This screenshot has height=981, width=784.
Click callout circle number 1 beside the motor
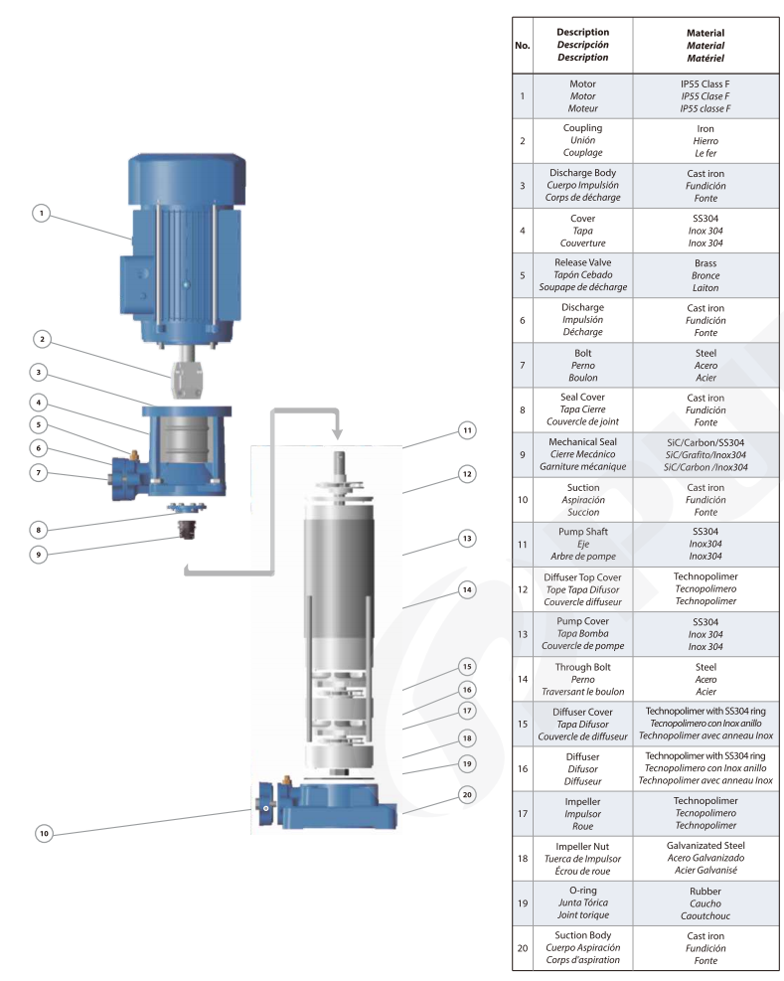[x=41, y=213]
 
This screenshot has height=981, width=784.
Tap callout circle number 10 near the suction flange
[x=44, y=834]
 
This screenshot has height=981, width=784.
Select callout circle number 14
[x=466, y=588]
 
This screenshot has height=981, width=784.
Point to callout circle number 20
[x=466, y=794]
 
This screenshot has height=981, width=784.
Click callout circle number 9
[x=41, y=555]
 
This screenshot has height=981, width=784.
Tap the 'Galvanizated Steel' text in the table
[x=706, y=845]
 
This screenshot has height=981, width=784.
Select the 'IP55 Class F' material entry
[x=706, y=83]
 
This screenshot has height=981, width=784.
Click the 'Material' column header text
[x=706, y=33]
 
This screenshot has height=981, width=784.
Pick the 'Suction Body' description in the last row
[x=582, y=935]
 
